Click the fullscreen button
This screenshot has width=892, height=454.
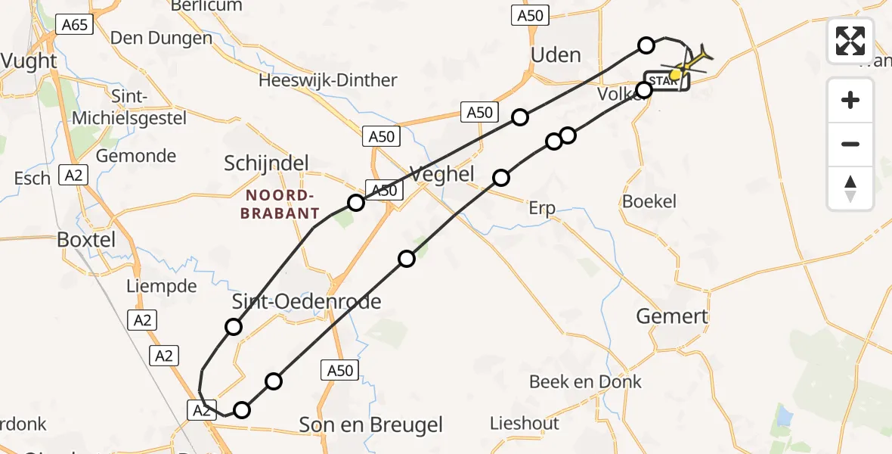(850, 41)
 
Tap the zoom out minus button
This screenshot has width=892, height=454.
(850, 144)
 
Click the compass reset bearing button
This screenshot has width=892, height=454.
(850, 188)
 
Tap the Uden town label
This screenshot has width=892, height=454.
(556, 55)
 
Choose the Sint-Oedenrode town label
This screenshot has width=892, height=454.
(306, 302)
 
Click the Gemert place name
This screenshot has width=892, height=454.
(672, 316)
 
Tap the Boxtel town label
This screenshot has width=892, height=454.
(86, 240)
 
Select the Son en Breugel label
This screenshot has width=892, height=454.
(370, 425)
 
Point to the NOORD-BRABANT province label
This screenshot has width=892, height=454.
(280, 204)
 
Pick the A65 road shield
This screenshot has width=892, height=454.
(75, 25)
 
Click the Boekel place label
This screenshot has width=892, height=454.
(649, 202)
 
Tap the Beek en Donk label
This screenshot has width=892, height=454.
(585, 382)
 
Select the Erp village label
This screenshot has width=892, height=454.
(541, 208)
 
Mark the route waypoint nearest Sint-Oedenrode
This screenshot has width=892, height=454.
(234, 327)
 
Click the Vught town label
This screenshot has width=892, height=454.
(29, 61)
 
